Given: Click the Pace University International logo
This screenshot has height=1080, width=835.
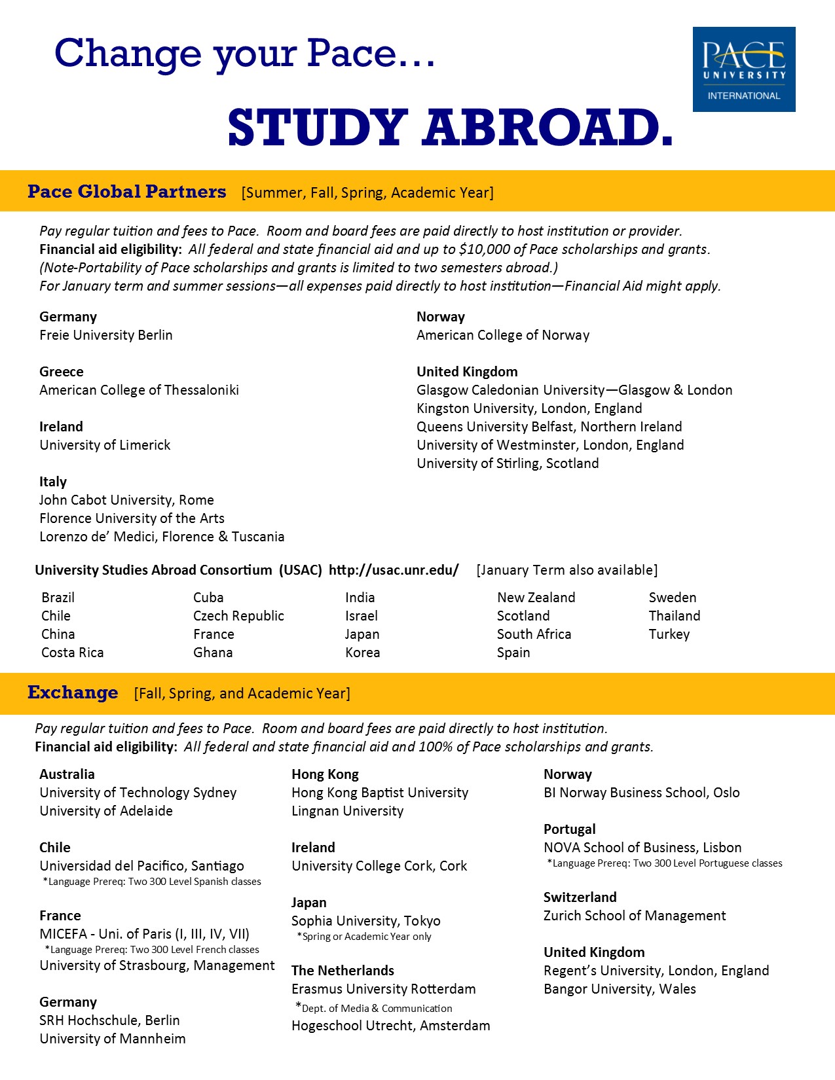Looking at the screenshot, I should tap(744, 69).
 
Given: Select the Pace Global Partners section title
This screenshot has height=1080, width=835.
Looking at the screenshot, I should tap(126, 192).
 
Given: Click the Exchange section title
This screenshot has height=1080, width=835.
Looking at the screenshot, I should tap(73, 693).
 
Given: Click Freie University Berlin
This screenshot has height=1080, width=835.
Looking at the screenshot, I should tap(106, 335).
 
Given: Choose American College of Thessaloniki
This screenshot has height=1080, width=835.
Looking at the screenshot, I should tap(139, 390).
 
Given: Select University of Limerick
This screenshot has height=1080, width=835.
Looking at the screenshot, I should tap(105, 445).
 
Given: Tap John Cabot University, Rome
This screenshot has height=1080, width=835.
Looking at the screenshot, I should tap(126, 500).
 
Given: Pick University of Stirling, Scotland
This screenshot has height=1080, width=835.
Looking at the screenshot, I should tap(508, 463).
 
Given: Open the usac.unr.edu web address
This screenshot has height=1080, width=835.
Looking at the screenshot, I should tap(394, 570).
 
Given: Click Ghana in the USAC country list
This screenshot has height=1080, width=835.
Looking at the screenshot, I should tap(213, 653).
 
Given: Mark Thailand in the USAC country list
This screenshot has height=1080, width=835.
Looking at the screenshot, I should tap(674, 616).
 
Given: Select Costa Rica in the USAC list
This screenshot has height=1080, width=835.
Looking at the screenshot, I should tap(72, 653).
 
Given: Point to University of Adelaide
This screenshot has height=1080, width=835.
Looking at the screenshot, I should tap(106, 811).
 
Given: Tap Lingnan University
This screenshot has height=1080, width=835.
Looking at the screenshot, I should tap(347, 811).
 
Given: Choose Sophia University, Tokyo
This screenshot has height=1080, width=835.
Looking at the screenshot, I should tap(365, 921).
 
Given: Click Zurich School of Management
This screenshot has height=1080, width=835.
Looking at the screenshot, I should tap(634, 916).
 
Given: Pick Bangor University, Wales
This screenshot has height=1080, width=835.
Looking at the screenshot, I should tap(620, 989).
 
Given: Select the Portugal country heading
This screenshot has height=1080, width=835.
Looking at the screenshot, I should tap(569, 829).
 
